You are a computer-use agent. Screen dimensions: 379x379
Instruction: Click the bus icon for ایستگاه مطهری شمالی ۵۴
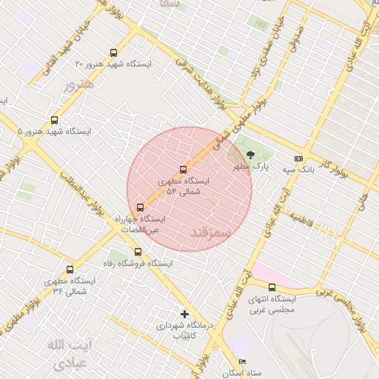[184, 170]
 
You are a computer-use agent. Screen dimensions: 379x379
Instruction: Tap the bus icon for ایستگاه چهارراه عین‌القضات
[141, 207]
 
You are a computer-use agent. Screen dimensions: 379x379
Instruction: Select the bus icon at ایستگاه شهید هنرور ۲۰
[113, 53]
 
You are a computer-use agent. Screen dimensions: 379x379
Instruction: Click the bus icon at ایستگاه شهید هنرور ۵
[54, 120]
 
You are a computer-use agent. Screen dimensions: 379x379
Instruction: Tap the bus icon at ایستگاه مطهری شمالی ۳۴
[70, 270]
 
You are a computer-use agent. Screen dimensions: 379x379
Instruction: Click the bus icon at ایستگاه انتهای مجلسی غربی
[272, 287]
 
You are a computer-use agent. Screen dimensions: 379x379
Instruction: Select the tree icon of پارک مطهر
[249, 155]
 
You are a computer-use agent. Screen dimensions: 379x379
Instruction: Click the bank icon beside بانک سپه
[298, 158]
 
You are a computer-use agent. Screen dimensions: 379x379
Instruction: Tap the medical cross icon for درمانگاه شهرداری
[184, 314]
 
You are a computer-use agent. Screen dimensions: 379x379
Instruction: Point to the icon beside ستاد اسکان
[242, 362]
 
